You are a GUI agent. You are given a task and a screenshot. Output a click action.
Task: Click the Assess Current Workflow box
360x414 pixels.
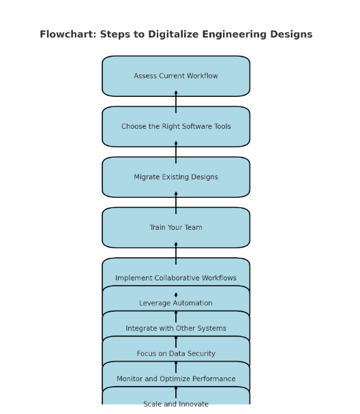pos(176,76)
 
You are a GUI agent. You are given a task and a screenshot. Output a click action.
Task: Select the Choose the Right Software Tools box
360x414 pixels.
pos(176,126)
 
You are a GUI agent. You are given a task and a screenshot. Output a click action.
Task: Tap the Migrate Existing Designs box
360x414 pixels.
pos(176,177)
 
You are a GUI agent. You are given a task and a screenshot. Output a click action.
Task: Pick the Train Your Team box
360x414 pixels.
pos(176,227)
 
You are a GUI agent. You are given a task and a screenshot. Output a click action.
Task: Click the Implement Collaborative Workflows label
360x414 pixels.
pos(176,278)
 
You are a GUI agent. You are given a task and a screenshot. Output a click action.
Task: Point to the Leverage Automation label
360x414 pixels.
pos(176,303)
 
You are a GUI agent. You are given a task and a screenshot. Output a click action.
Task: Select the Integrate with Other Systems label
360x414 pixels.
pos(176,328)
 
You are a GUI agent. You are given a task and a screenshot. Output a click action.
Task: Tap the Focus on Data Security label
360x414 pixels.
pos(176,353)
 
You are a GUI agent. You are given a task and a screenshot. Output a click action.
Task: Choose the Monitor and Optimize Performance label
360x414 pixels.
pos(176,379)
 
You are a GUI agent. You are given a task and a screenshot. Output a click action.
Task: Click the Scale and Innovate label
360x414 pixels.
pos(176,404)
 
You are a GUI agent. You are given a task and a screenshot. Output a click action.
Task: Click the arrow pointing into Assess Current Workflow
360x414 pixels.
pos(176,102)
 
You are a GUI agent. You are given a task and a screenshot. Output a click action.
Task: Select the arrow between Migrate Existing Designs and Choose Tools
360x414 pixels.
pos(176,152)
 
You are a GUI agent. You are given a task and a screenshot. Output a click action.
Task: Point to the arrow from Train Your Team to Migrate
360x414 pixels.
pos(176,203)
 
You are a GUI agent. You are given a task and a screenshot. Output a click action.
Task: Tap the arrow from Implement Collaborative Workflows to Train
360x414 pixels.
pos(176,254)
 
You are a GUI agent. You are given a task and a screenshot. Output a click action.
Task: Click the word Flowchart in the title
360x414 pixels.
pos(68,34)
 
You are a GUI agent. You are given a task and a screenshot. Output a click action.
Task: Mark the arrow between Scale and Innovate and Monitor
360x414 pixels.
pos(176,393)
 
